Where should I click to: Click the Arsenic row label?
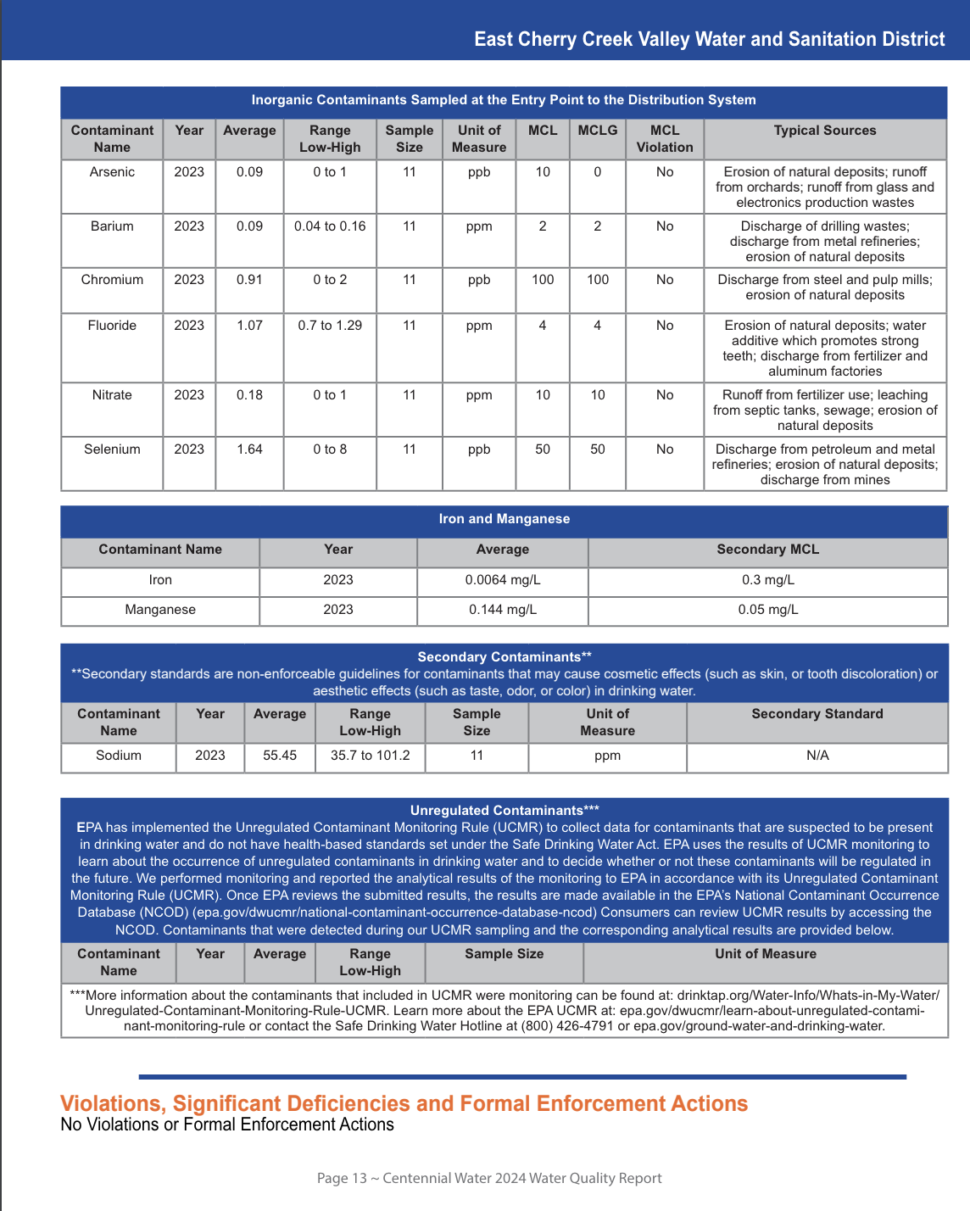(x=112, y=172)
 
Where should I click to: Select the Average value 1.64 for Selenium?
(x=249, y=449)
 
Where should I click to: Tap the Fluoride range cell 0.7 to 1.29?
(x=330, y=326)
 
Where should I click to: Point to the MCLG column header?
(x=598, y=131)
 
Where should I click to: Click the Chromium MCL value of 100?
(x=543, y=280)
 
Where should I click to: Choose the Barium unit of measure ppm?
(x=479, y=226)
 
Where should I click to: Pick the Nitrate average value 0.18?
(x=249, y=395)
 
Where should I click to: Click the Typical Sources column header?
(x=824, y=131)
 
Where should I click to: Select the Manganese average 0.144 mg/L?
(x=502, y=610)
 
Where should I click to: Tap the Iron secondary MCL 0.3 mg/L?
(x=767, y=580)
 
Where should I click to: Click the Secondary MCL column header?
(x=767, y=550)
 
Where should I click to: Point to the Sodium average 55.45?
(x=280, y=756)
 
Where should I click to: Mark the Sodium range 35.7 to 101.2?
(x=370, y=756)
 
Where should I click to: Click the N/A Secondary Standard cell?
(x=817, y=756)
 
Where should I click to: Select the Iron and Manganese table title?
(x=504, y=519)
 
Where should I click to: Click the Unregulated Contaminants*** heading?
(x=505, y=811)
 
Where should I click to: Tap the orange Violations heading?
(x=404, y=1103)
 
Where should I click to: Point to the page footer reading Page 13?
(x=488, y=1178)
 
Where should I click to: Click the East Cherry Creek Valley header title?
(x=709, y=39)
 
